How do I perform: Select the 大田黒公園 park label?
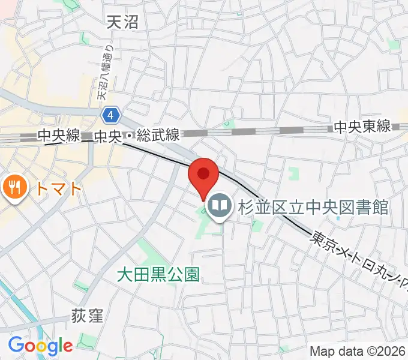pyautogui.click(x=157, y=275)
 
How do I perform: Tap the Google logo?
pyautogui.click(x=40, y=345)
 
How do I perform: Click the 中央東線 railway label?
pyautogui.click(x=362, y=127)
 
